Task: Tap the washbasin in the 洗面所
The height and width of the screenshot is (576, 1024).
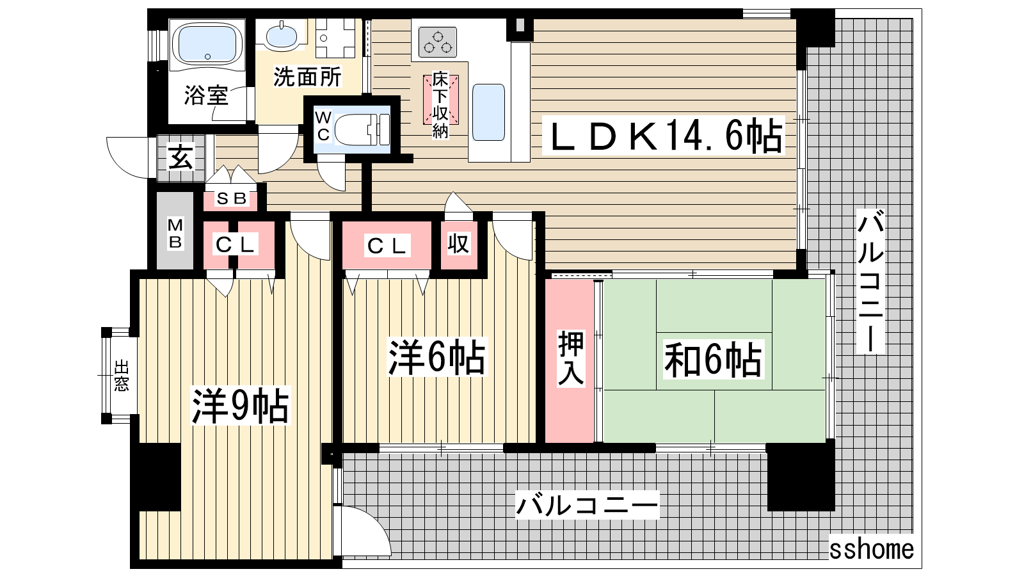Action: (x=281, y=35)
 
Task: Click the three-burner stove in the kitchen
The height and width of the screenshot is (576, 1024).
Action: (x=438, y=42)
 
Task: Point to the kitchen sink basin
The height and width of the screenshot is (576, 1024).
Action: (x=488, y=112)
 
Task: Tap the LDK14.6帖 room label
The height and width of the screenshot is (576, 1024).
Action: (x=664, y=135)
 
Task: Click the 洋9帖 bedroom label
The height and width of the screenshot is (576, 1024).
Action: (x=241, y=406)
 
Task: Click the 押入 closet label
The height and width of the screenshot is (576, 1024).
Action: (x=571, y=358)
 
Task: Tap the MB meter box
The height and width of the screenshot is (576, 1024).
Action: (x=175, y=231)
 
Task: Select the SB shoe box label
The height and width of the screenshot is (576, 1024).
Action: (x=232, y=198)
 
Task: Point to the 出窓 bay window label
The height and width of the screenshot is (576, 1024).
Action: (x=121, y=376)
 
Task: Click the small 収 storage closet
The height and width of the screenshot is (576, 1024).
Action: (x=458, y=244)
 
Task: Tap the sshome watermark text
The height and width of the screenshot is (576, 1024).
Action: (x=871, y=549)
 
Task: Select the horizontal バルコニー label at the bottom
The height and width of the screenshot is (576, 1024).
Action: (x=588, y=505)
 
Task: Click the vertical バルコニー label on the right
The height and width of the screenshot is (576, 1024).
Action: (x=870, y=281)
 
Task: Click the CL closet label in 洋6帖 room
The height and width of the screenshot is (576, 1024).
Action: (x=387, y=246)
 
